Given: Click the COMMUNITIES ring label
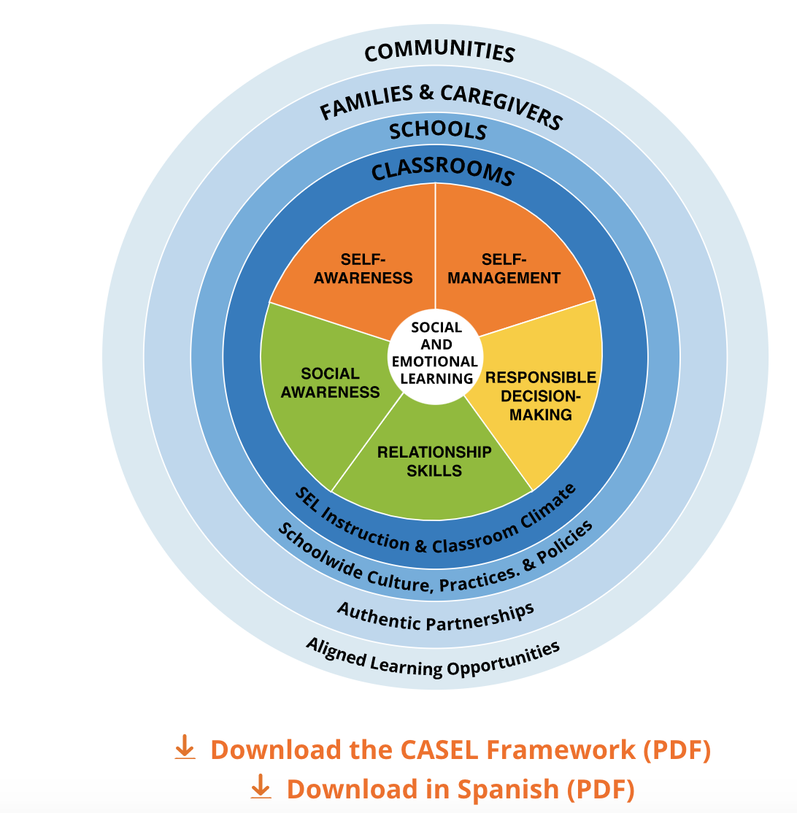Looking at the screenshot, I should (439, 52).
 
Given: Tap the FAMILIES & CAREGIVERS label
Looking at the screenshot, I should (441, 107).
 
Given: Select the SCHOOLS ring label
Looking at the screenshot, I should (437, 131).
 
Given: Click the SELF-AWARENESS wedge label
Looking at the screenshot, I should (377, 269).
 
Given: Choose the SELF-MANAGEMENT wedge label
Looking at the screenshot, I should (504, 269).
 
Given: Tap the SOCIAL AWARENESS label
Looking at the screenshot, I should (331, 382).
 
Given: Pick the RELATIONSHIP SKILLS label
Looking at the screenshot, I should (434, 461).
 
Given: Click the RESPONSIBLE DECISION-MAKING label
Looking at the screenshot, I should (541, 396).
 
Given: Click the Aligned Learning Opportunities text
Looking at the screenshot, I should (434, 657).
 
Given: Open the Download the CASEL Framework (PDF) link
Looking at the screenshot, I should (461, 750).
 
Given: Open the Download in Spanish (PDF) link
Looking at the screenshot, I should (461, 788).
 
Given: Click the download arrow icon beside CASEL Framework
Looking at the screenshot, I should (185, 748).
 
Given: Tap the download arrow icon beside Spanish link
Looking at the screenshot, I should (261, 787).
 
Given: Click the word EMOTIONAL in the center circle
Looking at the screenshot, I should (435, 361).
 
